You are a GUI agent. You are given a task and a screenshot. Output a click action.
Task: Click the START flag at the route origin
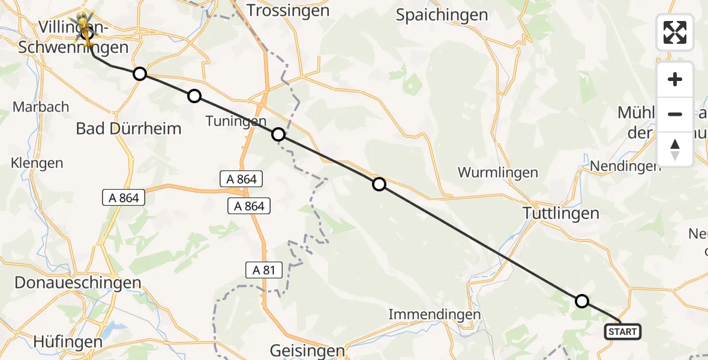tap(623, 332)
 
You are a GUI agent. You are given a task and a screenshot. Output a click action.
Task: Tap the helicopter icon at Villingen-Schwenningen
tap(86, 26)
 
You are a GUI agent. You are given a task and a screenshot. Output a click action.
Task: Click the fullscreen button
tap(675, 32)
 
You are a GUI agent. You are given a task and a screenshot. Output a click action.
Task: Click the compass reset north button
tap(675, 149)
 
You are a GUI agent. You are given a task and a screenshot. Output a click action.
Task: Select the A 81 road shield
tap(264, 270)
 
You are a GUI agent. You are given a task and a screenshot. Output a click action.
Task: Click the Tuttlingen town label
tap(561, 213)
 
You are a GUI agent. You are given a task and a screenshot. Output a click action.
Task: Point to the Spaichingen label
tap(442, 15)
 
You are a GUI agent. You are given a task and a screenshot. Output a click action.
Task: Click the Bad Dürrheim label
tap(128, 128)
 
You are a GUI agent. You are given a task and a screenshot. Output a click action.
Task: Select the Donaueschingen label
tap(71, 283)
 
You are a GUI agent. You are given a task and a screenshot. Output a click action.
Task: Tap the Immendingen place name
tap(434, 314)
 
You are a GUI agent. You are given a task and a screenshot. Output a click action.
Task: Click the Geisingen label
tap(307, 350)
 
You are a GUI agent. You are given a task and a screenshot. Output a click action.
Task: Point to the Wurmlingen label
tap(497, 173)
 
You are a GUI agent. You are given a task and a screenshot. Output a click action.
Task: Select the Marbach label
tap(41, 107)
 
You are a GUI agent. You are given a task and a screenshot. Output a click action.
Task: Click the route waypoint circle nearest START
tap(581, 301)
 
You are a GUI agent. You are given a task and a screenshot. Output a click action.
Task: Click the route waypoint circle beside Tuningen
tap(278, 134)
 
